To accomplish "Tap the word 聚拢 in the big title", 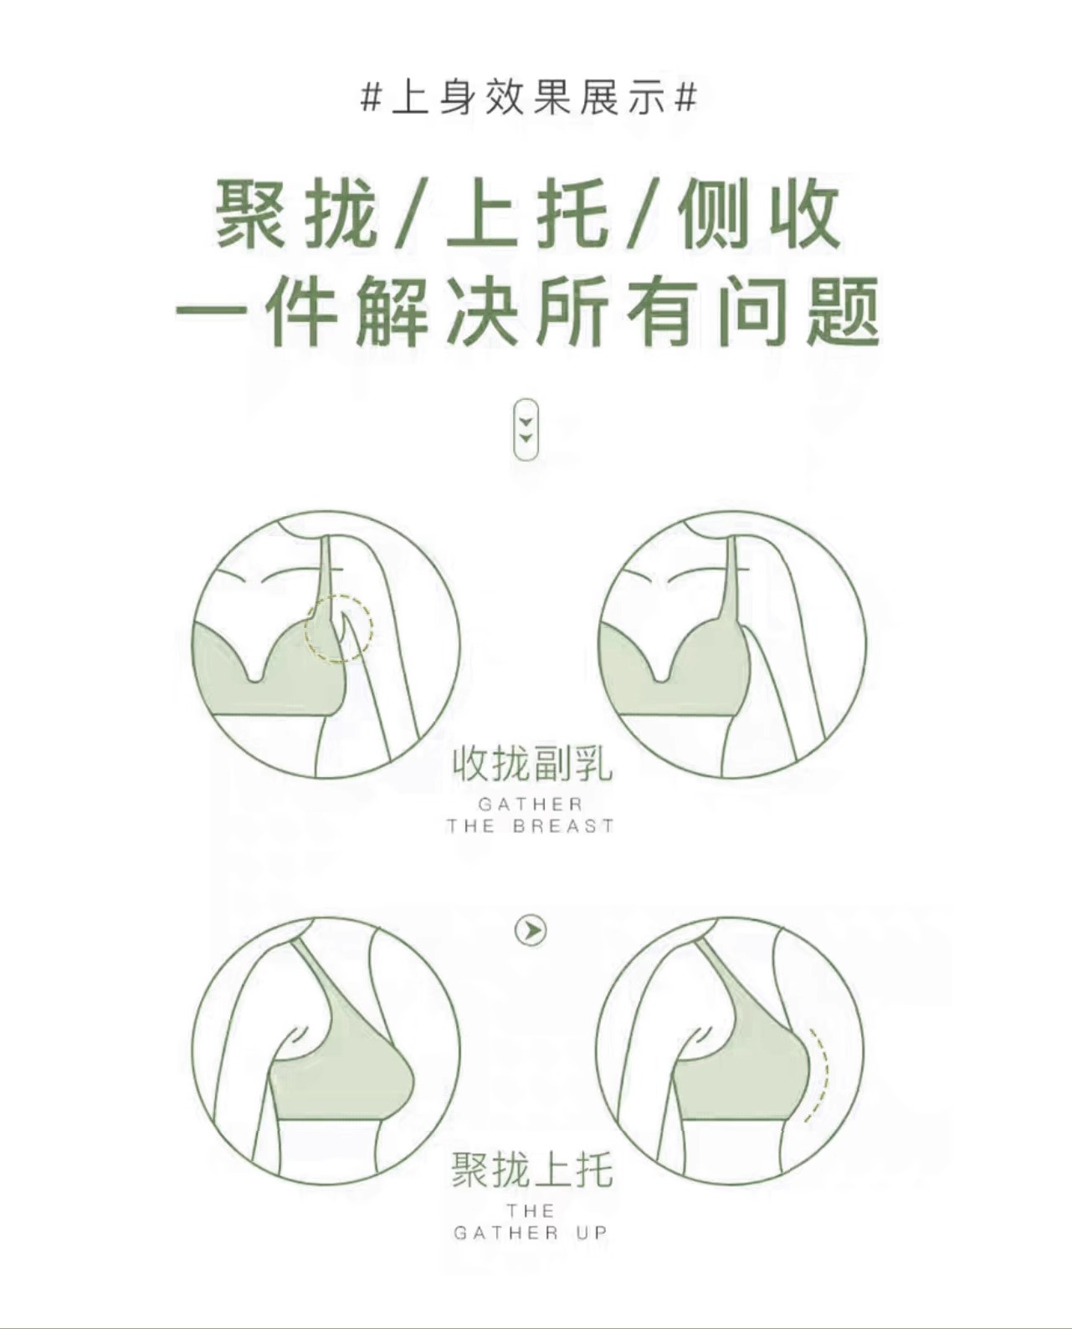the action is (295, 213).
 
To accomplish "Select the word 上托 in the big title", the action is (528, 213).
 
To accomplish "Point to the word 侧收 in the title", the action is (759, 213).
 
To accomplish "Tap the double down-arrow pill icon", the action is (526, 429).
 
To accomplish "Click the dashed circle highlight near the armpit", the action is (339, 628).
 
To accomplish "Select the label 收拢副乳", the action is (532, 765).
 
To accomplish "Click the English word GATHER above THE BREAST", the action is (531, 805).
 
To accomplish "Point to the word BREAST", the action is (563, 826).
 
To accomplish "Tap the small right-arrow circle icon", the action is (531, 948).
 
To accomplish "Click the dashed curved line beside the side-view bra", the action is (822, 1076).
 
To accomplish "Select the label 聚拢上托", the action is (532, 1169).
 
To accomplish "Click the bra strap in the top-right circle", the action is (729, 580).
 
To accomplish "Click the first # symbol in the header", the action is (370, 99).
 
